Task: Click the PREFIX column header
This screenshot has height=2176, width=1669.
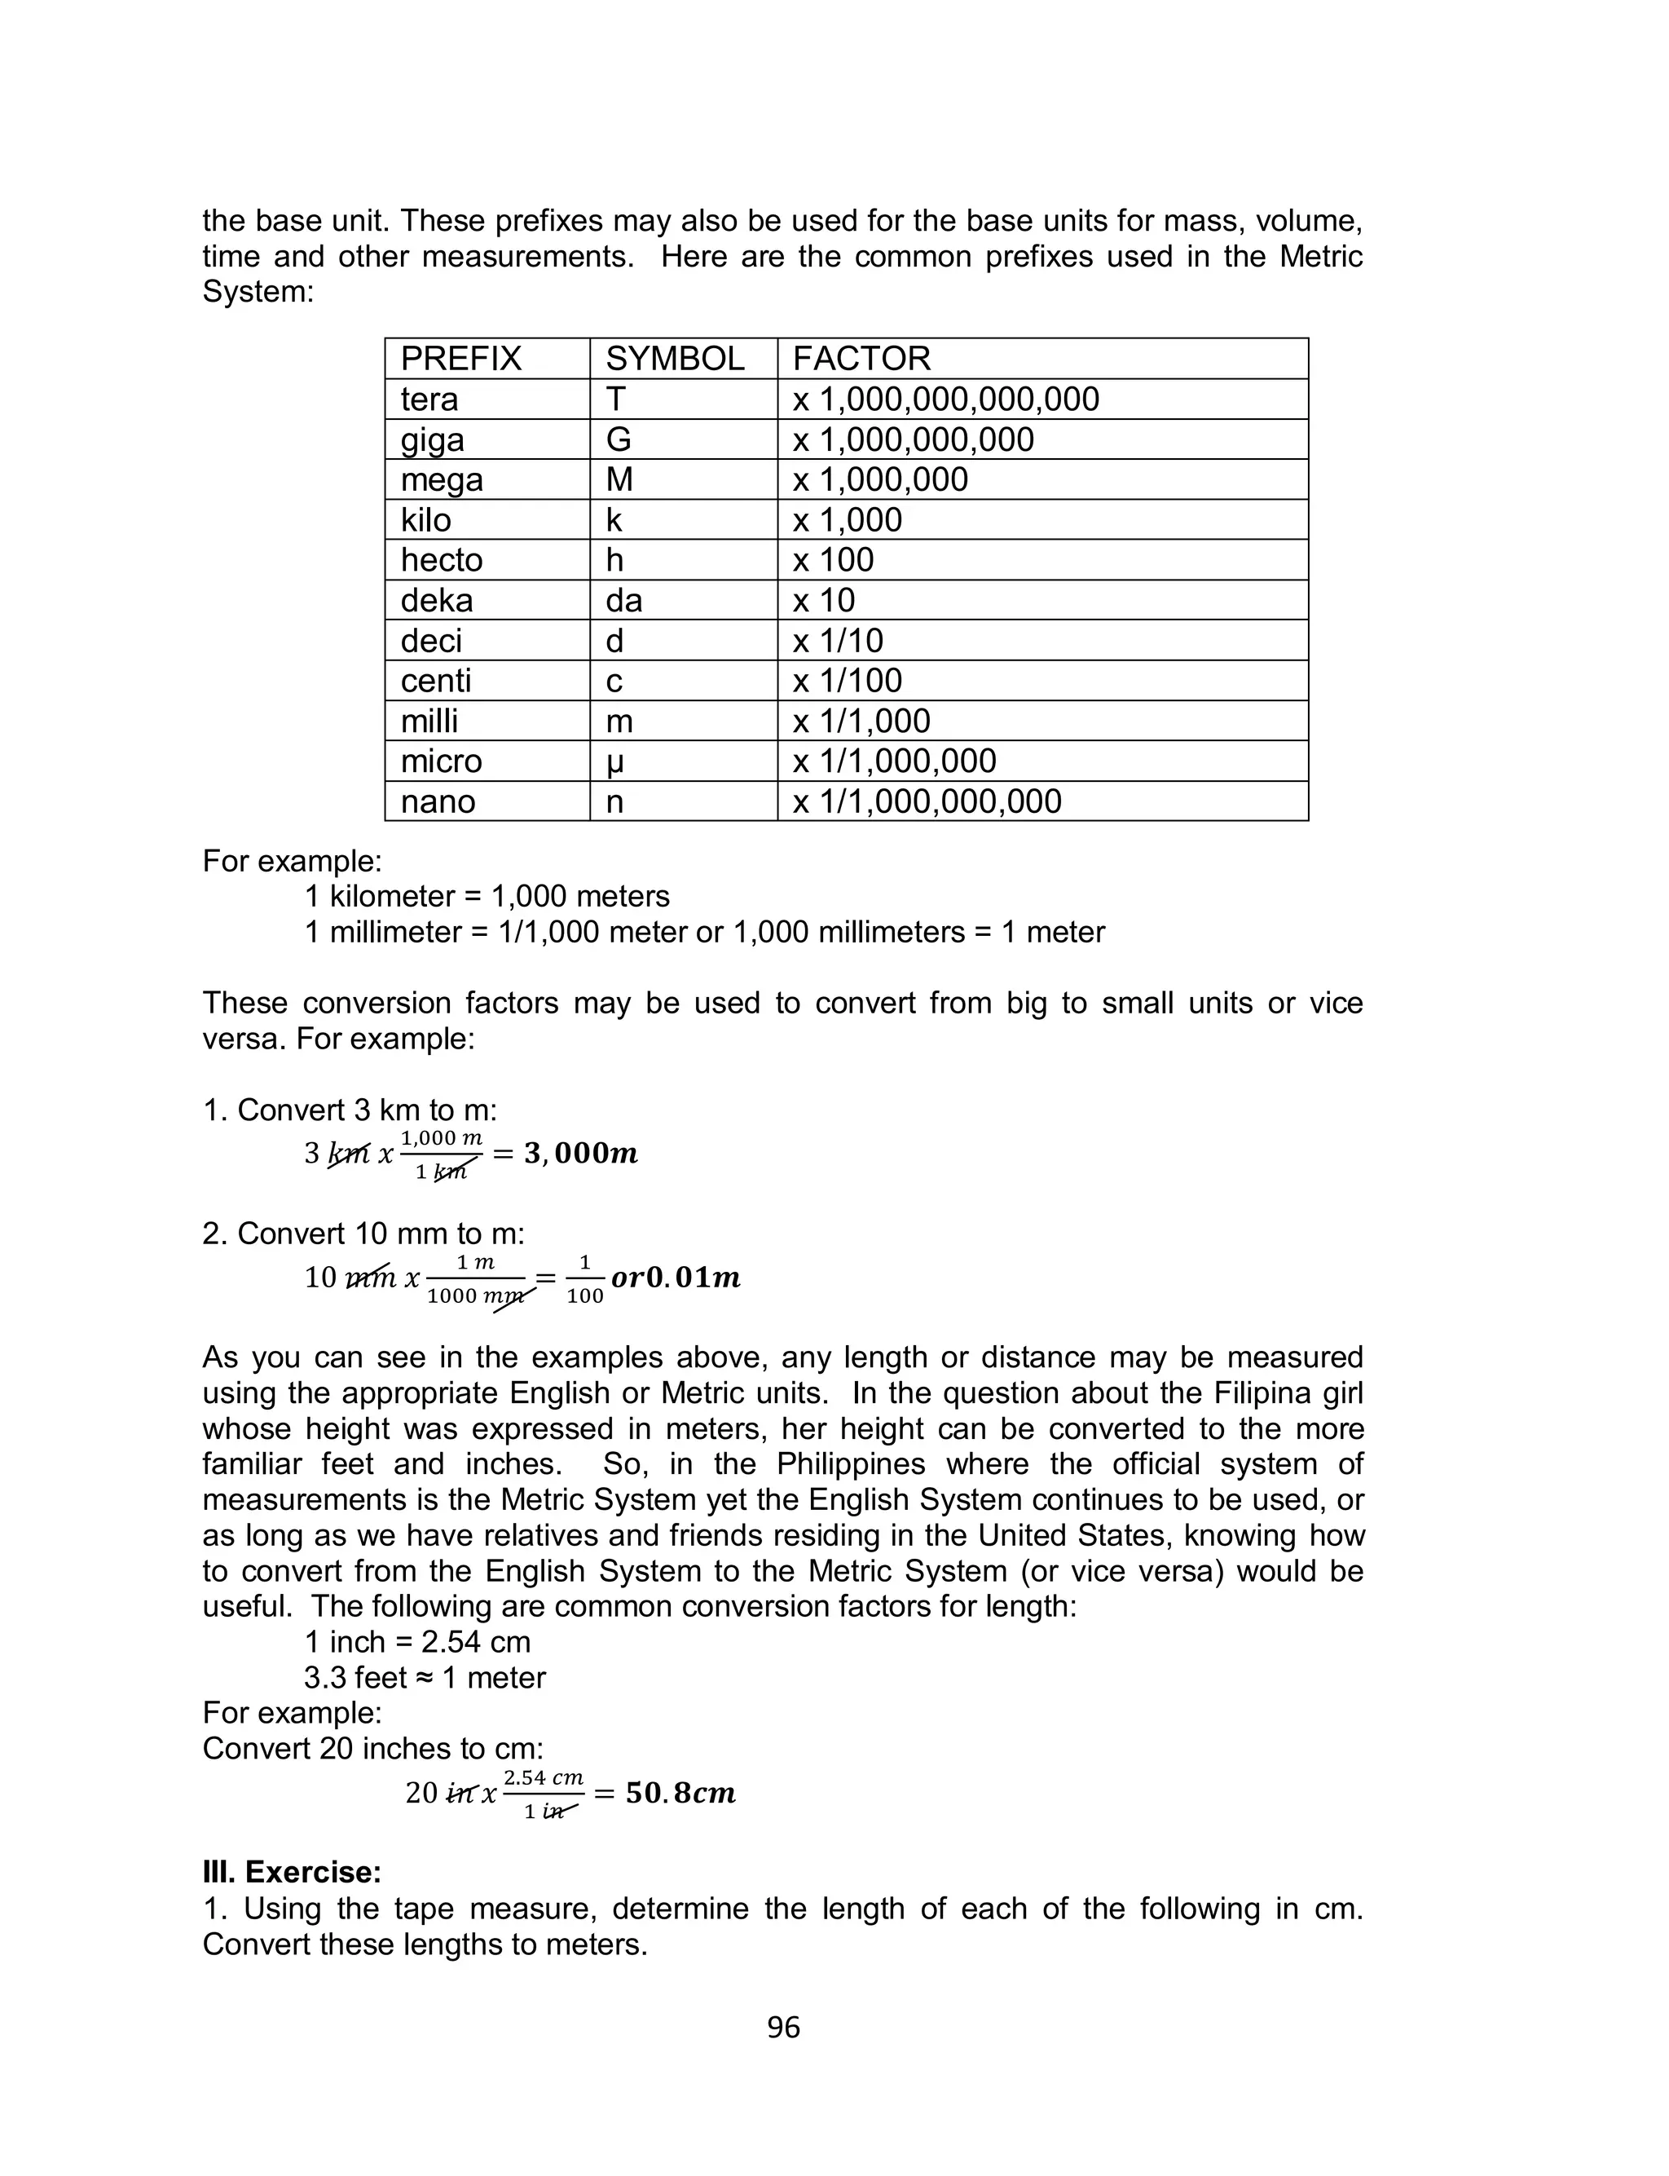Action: tap(461, 359)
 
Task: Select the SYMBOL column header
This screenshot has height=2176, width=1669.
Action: tap(675, 359)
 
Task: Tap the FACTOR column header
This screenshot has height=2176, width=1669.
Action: tap(861, 359)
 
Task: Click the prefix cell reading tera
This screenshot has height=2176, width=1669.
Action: tap(429, 399)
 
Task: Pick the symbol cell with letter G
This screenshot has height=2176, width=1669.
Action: tap(618, 439)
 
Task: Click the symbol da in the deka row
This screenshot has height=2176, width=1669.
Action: tap(624, 600)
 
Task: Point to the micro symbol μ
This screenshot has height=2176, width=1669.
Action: tap(615, 762)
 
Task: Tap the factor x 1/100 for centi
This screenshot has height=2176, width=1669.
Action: tap(847, 681)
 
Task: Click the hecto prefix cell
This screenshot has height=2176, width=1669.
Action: tap(441, 560)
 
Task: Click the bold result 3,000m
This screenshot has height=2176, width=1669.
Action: tap(580, 1154)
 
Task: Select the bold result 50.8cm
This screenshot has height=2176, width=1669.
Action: tap(680, 1794)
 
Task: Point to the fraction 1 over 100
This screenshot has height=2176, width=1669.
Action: tap(584, 1278)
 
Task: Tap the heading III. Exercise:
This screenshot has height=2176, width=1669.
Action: tap(292, 1872)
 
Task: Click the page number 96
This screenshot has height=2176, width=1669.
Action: tap(783, 2027)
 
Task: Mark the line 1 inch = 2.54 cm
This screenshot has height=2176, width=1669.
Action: tap(417, 1641)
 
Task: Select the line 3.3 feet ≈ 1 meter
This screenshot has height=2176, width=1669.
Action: tap(425, 1677)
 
